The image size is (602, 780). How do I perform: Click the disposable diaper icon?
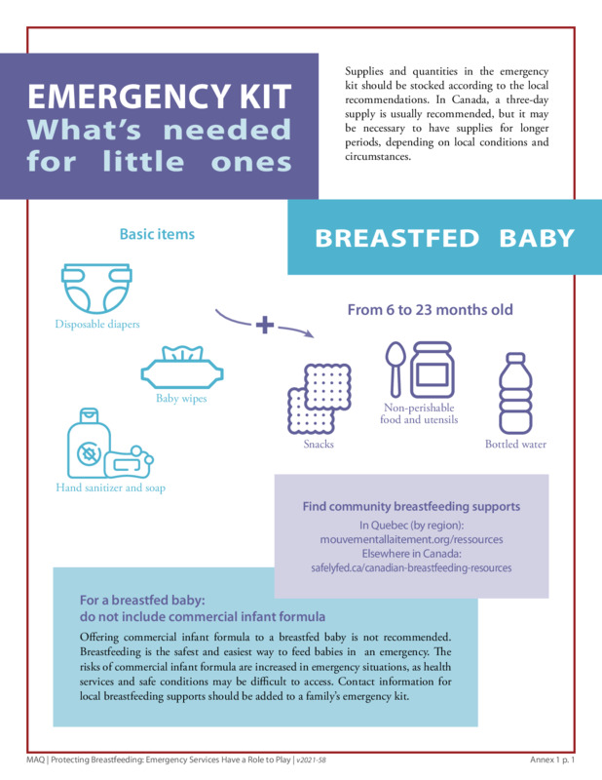pos(98,287)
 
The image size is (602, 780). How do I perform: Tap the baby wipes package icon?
pos(183,368)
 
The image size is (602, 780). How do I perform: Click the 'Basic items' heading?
pos(157,234)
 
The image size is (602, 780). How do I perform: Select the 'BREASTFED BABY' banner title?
pos(444,238)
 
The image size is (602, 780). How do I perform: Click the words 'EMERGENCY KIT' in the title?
pos(159,97)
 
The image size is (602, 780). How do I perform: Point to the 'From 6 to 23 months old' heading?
pos(430,310)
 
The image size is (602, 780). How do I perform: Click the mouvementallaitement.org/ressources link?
pos(411,538)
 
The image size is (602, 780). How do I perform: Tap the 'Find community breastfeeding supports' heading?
pos(411,506)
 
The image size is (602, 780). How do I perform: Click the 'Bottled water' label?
pos(515,445)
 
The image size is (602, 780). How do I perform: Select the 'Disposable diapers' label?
pos(97,324)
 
